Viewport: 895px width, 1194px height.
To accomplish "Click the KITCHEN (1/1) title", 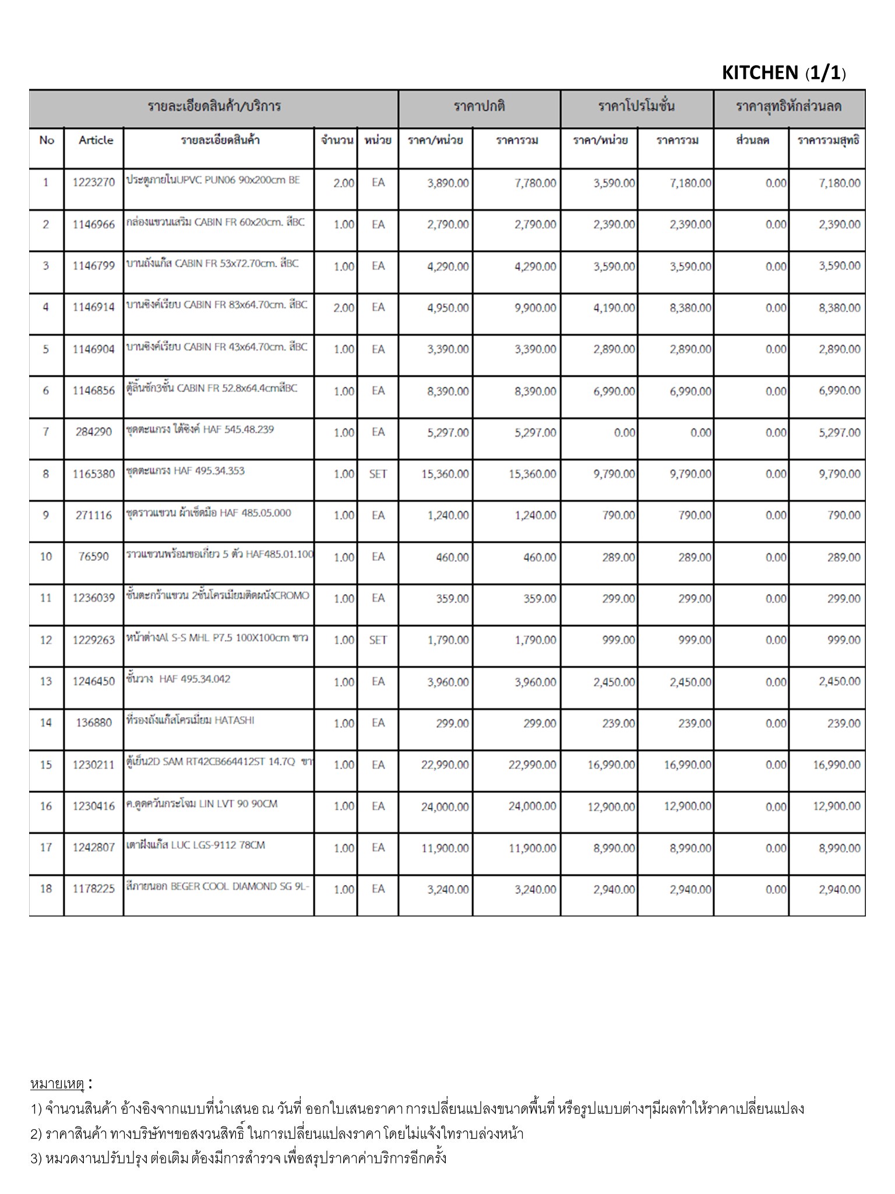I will pyautogui.click(x=783, y=73).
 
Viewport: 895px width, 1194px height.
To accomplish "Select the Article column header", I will pyautogui.click(x=96, y=140).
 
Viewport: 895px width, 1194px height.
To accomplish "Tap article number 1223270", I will pyautogui.click(x=94, y=182).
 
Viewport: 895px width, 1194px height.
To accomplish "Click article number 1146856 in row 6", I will pyautogui.click(x=94, y=391).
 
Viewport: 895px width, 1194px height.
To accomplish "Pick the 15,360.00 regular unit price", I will pyautogui.click(x=445, y=474).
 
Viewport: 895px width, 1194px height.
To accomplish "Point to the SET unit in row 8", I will pyautogui.click(x=378, y=474).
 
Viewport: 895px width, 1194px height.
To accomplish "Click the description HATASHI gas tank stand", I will pyautogui.click(x=191, y=720).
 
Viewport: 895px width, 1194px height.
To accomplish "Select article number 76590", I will pyautogui.click(x=94, y=557).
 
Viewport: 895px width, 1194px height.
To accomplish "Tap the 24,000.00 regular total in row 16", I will pyautogui.click(x=532, y=806).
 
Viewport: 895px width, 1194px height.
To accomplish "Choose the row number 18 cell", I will pyautogui.click(x=46, y=889).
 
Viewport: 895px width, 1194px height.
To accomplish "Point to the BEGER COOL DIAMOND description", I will pyautogui.click(x=217, y=887).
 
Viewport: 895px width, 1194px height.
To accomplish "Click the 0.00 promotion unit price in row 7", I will pyautogui.click(x=624, y=433).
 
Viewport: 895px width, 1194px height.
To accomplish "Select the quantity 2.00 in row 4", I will pyautogui.click(x=343, y=308).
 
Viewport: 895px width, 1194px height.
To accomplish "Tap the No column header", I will pyautogui.click(x=47, y=140).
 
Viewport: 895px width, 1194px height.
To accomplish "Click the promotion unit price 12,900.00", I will pyautogui.click(x=611, y=806).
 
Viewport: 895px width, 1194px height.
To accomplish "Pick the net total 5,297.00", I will pyautogui.click(x=839, y=433).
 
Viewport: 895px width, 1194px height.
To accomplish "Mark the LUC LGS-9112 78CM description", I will pyautogui.click(x=196, y=845).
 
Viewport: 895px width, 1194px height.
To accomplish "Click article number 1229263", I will pyautogui.click(x=94, y=640).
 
